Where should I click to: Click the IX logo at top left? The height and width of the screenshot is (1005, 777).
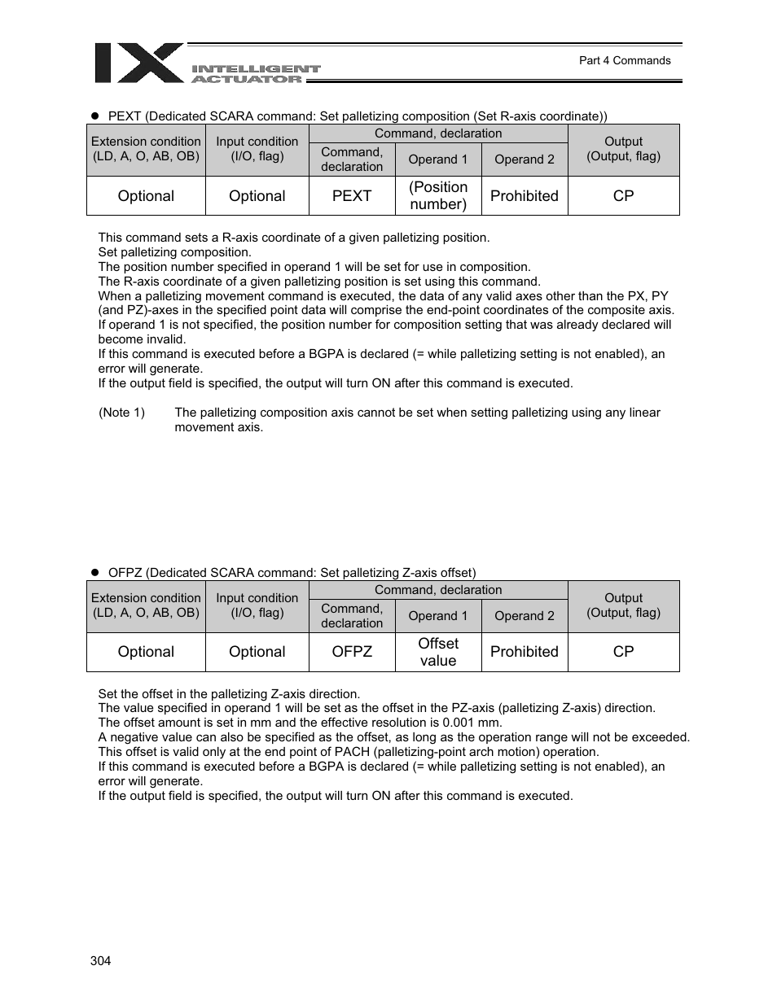click(x=138, y=63)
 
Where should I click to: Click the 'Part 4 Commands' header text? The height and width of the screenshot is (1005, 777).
click(x=624, y=60)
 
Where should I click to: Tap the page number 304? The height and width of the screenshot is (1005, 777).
click(x=100, y=960)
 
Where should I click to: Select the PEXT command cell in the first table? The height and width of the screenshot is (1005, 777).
click(x=352, y=196)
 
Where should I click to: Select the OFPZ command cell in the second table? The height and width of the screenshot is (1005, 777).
click(x=352, y=652)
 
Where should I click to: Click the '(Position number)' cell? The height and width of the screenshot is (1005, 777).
click(x=438, y=196)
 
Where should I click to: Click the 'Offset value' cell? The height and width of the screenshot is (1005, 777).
click(x=438, y=652)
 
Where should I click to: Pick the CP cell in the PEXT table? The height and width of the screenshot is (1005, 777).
click(x=623, y=196)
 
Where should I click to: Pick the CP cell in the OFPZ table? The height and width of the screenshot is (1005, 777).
click(x=623, y=652)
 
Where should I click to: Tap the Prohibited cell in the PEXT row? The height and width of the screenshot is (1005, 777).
click(x=524, y=196)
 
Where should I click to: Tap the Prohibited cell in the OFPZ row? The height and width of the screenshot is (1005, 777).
click(x=524, y=652)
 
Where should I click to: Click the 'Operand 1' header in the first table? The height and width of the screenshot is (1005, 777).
click(x=438, y=159)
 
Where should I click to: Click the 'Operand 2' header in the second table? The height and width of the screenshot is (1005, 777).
click(x=524, y=616)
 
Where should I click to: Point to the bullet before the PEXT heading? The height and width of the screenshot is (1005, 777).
click(x=94, y=116)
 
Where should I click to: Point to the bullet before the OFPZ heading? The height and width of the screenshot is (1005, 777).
click(x=94, y=573)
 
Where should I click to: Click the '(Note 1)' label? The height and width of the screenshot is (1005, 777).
click(x=121, y=413)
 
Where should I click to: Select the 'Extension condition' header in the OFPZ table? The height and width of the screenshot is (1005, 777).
click(x=146, y=605)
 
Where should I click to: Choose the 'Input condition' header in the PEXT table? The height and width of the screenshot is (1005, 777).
click(x=257, y=149)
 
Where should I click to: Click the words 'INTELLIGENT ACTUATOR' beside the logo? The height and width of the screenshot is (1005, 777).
click(x=255, y=74)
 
